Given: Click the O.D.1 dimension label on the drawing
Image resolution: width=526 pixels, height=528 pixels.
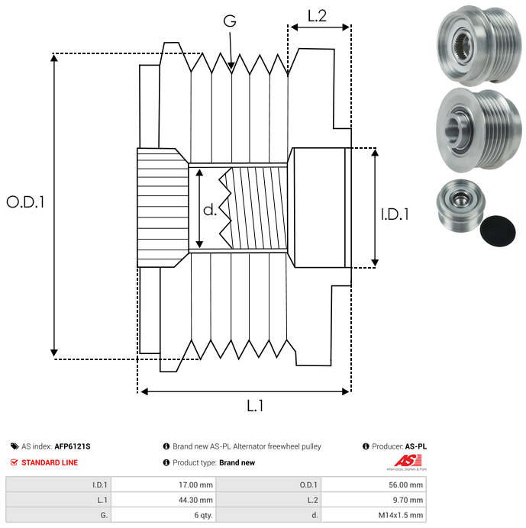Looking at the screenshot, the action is tap(26, 202).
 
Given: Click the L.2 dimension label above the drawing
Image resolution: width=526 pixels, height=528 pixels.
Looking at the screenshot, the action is tap(317, 15).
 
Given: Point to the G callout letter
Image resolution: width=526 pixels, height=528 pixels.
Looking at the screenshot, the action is tap(230, 21).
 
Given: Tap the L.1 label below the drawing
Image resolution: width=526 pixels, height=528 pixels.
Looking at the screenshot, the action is tap(255, 406).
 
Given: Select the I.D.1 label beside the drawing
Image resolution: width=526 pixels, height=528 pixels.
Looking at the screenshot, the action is tap(395, 214).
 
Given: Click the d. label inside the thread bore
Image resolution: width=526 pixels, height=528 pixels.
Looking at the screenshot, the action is tap(210, 210).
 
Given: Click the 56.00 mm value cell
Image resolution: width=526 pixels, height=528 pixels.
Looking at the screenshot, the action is tap(373, 485).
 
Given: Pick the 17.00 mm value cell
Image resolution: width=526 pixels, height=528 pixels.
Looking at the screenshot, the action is tap(164, 485).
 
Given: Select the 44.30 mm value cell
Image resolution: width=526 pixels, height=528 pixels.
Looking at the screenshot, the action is tap(164, 500).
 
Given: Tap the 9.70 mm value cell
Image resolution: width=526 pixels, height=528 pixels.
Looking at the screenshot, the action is tap(373, 500).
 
